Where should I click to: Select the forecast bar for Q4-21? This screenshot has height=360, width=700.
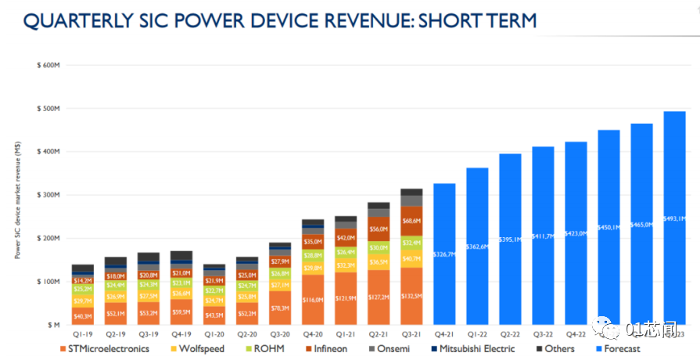444,254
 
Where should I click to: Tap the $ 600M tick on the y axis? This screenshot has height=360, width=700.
48,65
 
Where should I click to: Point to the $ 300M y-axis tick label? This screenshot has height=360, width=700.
48,195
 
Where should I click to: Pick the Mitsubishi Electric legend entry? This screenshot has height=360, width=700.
476,348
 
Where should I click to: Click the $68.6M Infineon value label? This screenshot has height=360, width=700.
411,221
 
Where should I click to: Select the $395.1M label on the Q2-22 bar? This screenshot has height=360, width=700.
510,240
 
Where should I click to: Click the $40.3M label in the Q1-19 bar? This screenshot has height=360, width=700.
82,317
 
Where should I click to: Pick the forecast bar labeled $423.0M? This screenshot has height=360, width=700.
576,233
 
